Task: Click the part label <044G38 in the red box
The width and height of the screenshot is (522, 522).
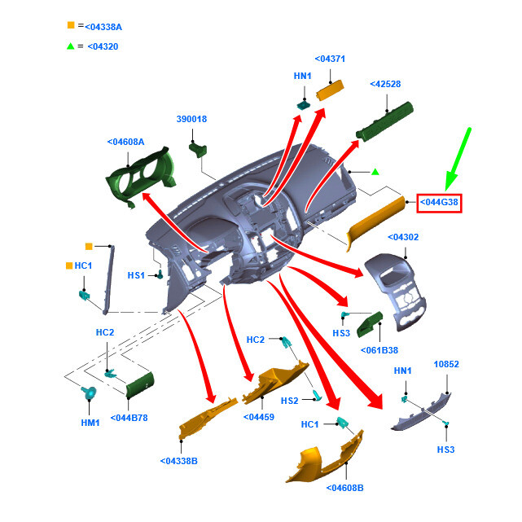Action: (440, 202)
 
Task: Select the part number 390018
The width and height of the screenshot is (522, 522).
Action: (191, 119)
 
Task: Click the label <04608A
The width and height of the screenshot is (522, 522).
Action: (125, 142)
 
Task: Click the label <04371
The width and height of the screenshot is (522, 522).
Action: (331, 59)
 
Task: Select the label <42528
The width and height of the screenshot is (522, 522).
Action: (385, 84)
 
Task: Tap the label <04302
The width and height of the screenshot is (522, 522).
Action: (405, 237)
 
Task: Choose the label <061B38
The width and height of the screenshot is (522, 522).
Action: (379, 351)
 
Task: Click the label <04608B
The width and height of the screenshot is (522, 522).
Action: (344, 488)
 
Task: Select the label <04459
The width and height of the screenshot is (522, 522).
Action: (259, 417)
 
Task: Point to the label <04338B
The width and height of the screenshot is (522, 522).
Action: (179, 461)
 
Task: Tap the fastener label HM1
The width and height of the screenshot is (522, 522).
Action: (90, 423)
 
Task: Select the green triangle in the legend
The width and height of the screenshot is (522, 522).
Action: (71, 46)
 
